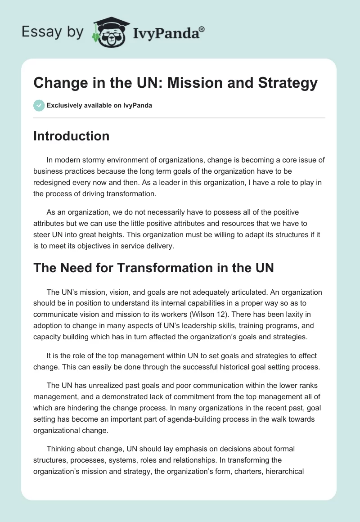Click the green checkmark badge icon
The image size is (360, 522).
coord(38,105)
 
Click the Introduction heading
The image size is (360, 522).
coord(71,136)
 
